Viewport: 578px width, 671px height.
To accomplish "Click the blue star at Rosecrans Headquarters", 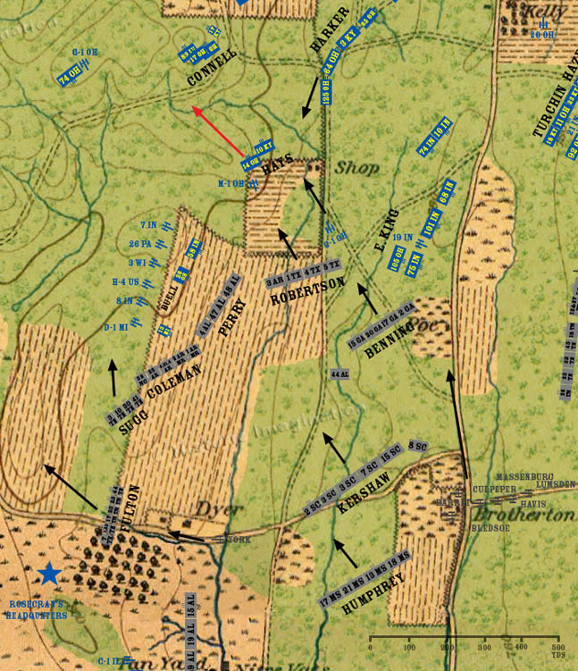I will (x=49, y=574).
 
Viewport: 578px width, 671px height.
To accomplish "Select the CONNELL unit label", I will (x=213, y=67).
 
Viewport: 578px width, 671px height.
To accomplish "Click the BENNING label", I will (x=390, y=340).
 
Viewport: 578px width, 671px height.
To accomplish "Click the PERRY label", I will (x=230, y=318).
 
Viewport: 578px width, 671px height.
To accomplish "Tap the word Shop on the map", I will (x=356, y=167).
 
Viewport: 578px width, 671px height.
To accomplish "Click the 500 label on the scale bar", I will (x=556, y=647).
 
